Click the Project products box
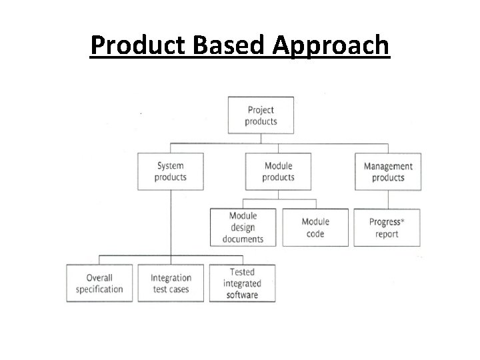pos(261,115)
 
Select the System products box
pos(170,171)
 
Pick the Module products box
pos(278,171)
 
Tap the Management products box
pos(388,171)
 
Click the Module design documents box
pos(243,227)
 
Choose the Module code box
pos(315,227)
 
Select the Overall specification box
pos(99,283)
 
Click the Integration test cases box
pos(171,283)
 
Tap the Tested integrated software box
pos(242,283)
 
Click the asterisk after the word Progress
pos(402,219)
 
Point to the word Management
pos(388,167)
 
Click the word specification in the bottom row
pos(99,289)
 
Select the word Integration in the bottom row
pos(171,278)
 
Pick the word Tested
pos(242,272)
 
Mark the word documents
pos(243,239)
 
